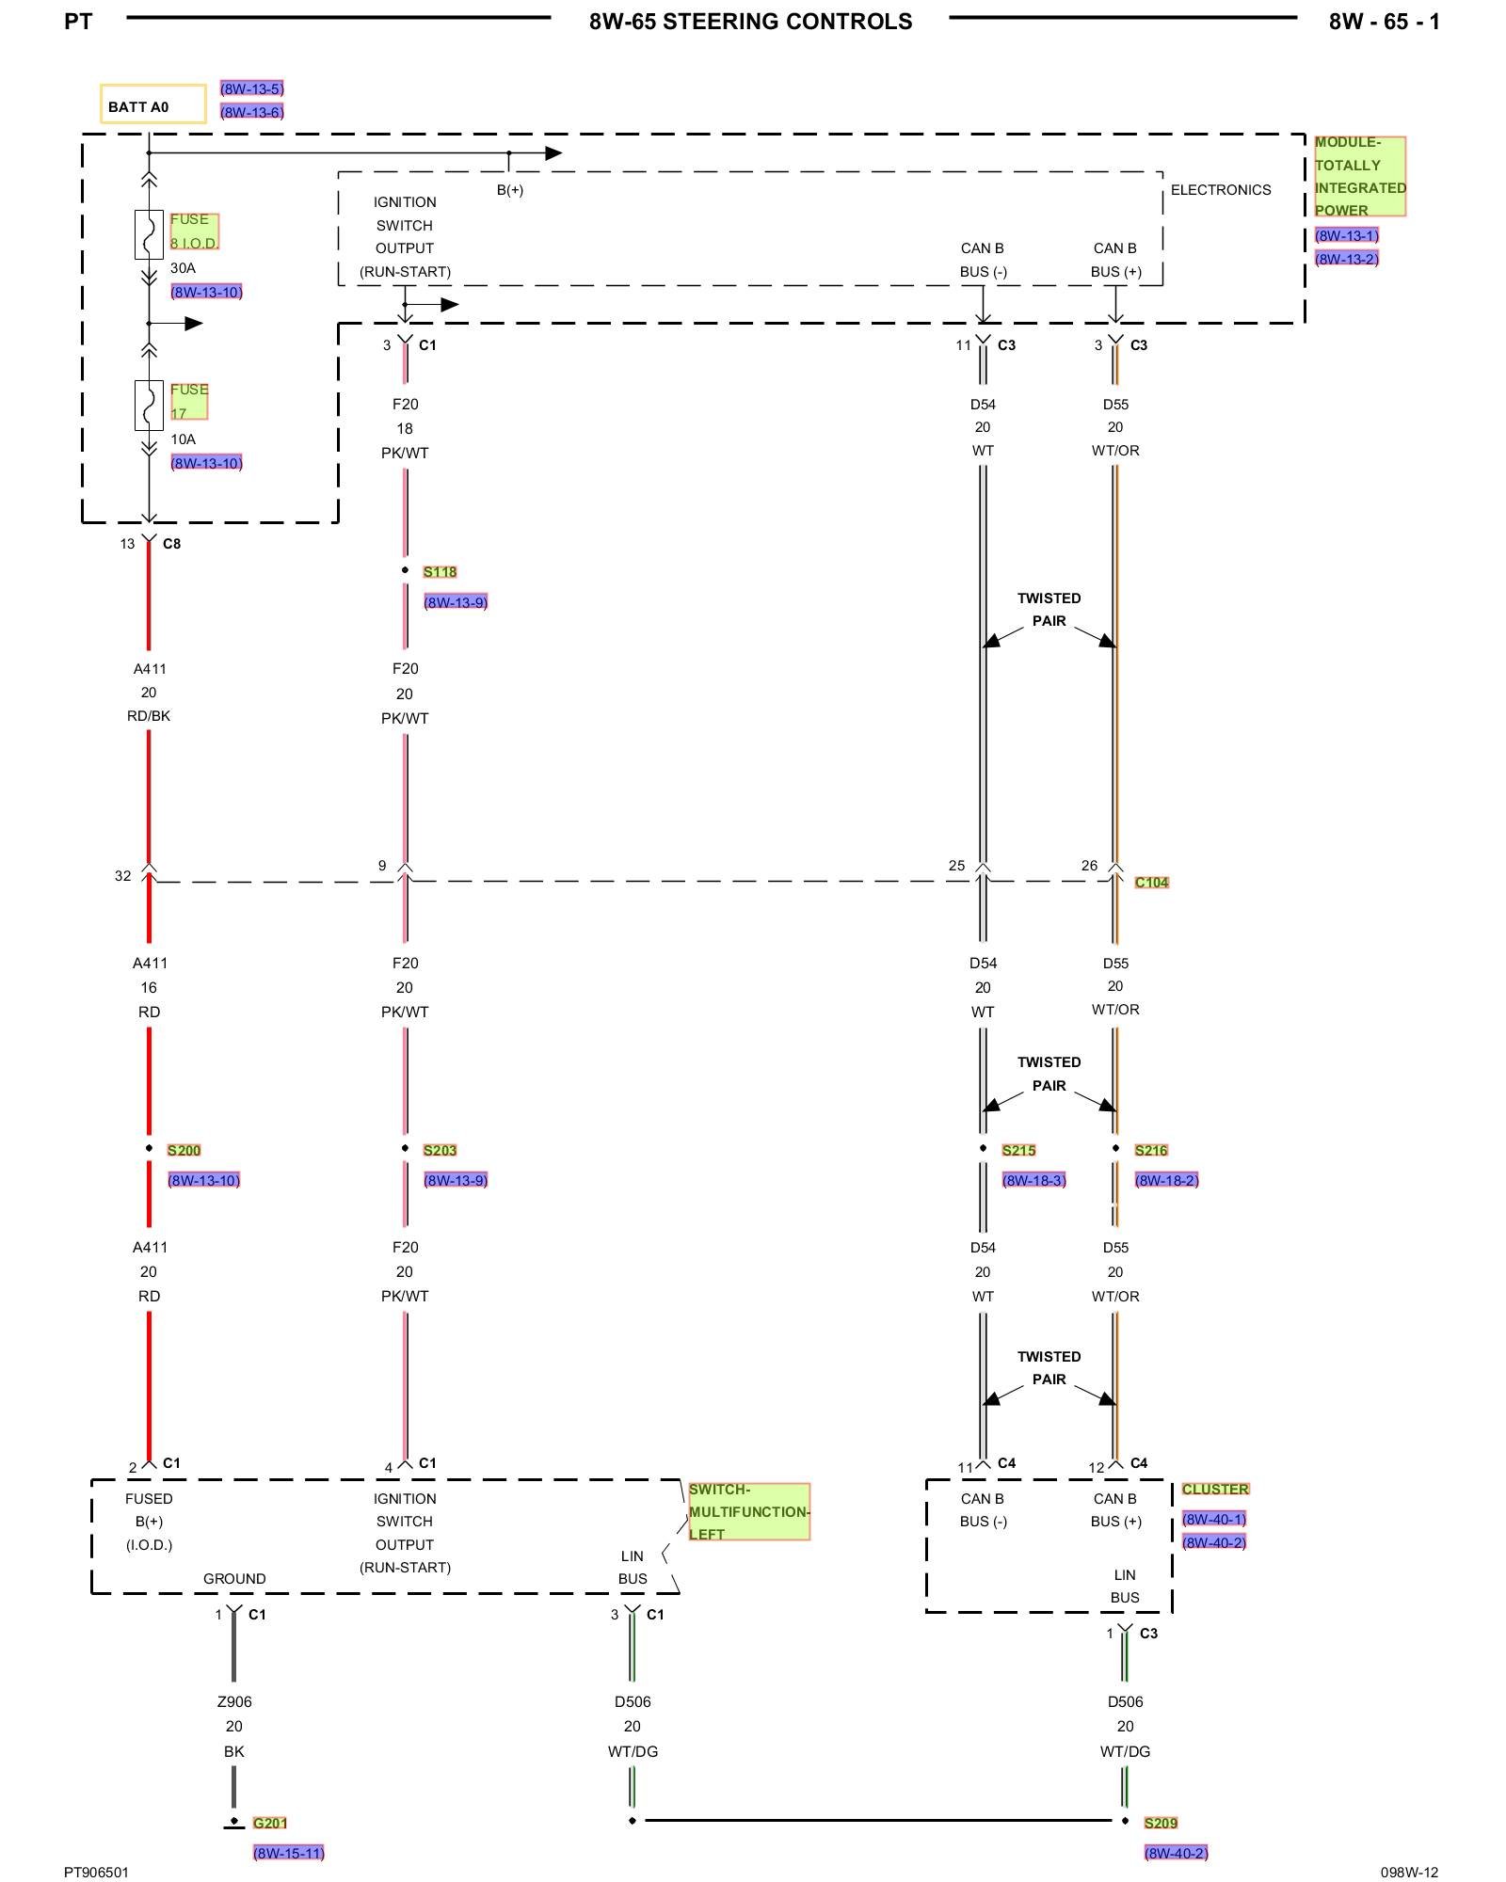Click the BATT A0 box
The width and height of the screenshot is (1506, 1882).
click(x=152, y=104)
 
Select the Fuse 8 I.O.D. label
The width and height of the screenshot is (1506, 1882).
click(x=194, y=231)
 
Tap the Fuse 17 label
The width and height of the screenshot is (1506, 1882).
click(x=188, y=401)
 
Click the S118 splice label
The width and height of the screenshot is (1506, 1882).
click(x=440, y=572)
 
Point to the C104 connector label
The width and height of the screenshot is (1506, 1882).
click(x=1151, y=883)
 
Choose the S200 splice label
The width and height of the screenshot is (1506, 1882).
click(x=184, y=1150)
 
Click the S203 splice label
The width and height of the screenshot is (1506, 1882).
click(x=440, y=1150)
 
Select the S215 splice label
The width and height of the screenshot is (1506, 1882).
click(x=1018, y=1150)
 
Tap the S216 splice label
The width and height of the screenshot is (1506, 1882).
click(x=1151, y=1150)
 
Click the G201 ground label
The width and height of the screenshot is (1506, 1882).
click(x=269, y=1823)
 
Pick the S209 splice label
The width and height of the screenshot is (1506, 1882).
click(x=1161, y=1823)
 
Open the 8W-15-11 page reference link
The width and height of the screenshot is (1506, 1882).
click(x=288, y=1853)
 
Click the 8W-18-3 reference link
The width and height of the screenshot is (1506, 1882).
click(x=1033, y=1180)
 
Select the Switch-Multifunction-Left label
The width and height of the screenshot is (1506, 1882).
click(x=748, y=1511)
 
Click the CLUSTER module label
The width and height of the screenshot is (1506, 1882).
click(x=1215, y=1489)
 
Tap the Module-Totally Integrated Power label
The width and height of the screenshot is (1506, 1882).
click(x=1359, y=176)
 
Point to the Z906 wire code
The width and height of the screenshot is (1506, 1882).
click(x=234, y=1701)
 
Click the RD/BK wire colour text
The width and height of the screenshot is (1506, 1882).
click(x=149, y=716)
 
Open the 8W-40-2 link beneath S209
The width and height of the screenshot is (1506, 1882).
click(x=1176, y=1853)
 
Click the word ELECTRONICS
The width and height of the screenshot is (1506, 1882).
click(x=1220, y=190)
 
